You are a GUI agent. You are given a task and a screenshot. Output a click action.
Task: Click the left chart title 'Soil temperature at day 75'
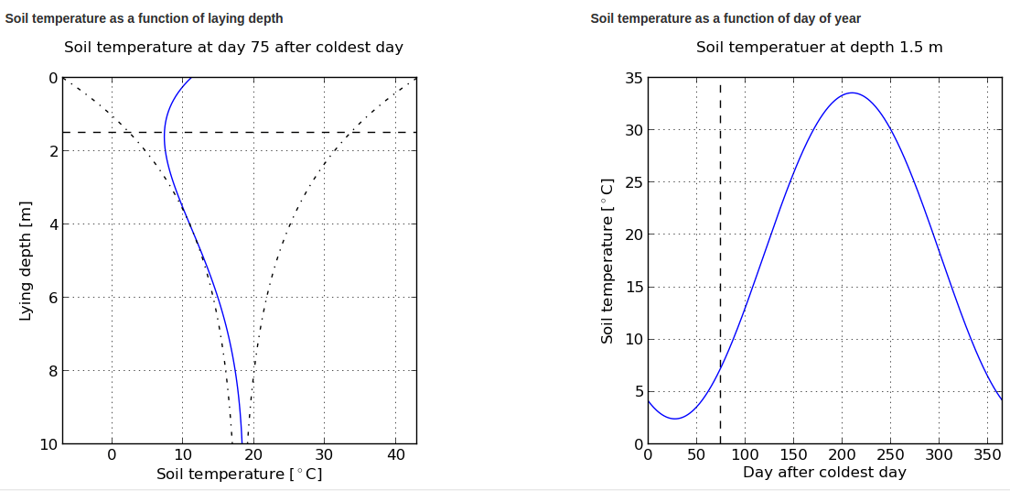pos(233,47)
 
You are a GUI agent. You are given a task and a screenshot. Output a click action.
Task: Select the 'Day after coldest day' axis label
pos(824,473)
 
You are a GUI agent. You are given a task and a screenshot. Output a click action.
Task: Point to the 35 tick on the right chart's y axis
pos(633,78)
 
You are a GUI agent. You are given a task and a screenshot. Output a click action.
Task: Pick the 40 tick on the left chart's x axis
pos(394,454)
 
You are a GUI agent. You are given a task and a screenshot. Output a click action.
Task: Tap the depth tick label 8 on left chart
pos(51,371)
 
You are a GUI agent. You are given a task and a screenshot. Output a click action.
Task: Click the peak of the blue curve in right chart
pos(852,93)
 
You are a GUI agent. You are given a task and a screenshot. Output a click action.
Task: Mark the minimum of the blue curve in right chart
pos(675,419)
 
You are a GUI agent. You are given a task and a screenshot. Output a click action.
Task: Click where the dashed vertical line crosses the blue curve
pos(721,366)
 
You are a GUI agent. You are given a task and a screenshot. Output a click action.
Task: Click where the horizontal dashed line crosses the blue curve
pos(165,133)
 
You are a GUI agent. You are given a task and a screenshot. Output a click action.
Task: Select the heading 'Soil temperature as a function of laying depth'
pos(145,18)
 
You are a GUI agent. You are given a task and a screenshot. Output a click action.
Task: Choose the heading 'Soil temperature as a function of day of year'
pos(725,18)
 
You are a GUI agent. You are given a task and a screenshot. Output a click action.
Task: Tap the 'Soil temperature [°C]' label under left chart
pos(239,475)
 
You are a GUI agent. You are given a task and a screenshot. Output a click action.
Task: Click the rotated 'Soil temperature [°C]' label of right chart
pos(607,261)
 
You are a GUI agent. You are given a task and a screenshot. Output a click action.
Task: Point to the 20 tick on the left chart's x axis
pos(252,454)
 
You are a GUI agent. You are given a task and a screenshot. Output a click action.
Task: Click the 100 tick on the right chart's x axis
pos(745,454)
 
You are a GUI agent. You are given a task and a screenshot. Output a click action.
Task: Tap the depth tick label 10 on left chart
pos(48,444)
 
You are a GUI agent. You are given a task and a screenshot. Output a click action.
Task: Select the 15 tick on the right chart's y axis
pos(633,288)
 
